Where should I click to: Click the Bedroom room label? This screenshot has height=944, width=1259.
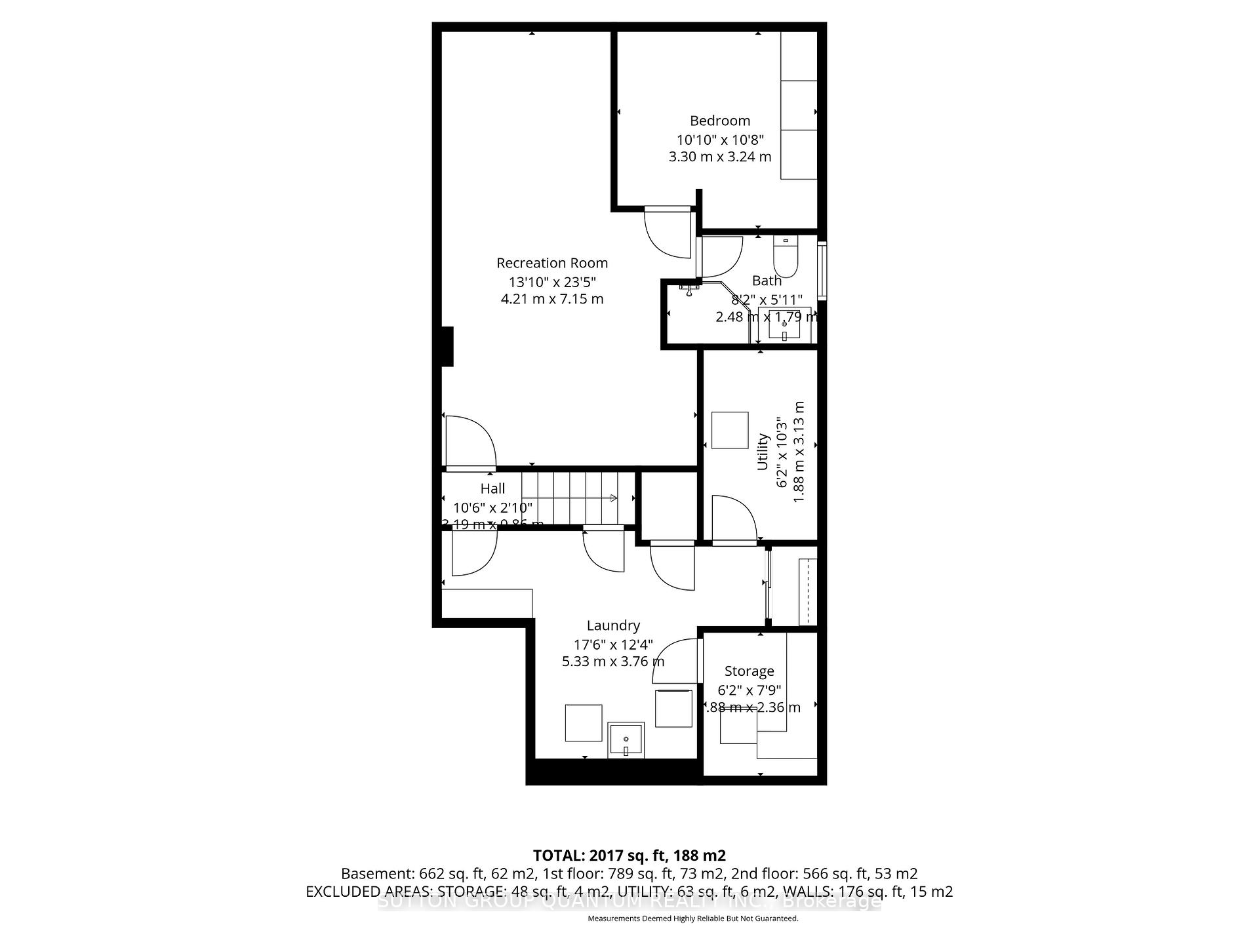tap(719, 121)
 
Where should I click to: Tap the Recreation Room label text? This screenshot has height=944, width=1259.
tap(551, 263)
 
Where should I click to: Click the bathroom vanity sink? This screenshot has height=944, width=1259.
tap(784, 324)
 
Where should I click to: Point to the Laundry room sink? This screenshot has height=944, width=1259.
tap(626, 740)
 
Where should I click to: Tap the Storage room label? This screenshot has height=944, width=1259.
tap(749, 671)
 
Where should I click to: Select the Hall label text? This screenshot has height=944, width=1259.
tap(492, 488)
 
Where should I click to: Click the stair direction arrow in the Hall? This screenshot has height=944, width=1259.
tap(613, 498)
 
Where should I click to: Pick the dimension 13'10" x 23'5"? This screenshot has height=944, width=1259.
tap(551, 282)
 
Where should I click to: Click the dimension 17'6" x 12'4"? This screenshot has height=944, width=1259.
tap(613, 644)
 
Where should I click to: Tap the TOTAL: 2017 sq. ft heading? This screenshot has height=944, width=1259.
tap(629, 855)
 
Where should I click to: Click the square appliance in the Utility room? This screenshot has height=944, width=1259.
tap(730, 430)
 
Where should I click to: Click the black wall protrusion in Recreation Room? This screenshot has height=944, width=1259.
tap(447, 346)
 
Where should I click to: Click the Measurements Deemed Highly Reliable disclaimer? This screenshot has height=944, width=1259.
tap(692, 918)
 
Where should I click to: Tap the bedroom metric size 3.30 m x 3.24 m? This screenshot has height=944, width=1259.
tap(719, 157)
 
